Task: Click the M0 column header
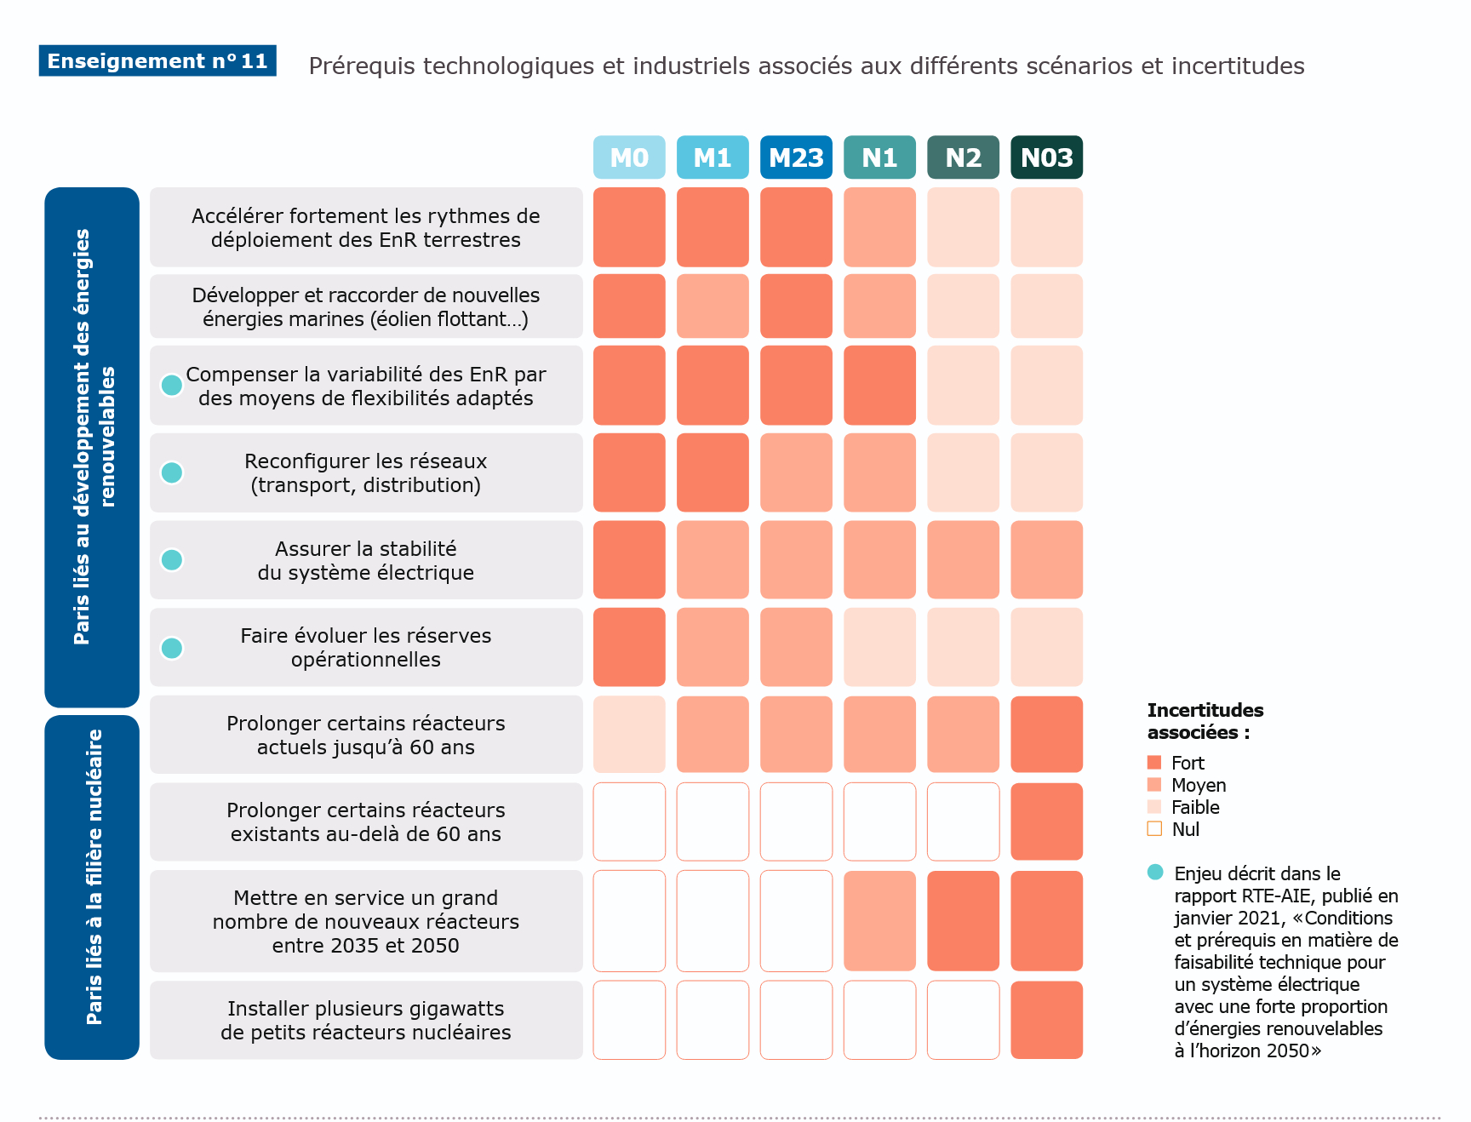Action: (x=629, y=157)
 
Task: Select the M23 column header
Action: (x=796, y=157)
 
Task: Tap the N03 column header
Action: (x=1046, y=157)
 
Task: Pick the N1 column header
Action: (x=879, y=157)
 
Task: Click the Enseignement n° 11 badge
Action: (x=157, y=61)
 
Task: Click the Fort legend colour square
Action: (x=1154, y=762)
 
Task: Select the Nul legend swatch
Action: (x=1154, y=828)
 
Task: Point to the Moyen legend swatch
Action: (x=1154, y=784)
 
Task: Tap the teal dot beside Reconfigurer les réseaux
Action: (x=172, y=472)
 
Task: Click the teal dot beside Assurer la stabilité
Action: (x=172, y=560)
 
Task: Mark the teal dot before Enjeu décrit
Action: (x=1155, y=872)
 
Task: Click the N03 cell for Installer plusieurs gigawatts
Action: (x=1046, y=1020)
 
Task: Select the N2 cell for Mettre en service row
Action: (x=963, y=920)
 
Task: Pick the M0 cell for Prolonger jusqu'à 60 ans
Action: (x=629, y=735)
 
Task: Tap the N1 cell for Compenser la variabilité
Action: (x=879, y=385)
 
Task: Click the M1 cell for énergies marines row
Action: (x=713, y=306)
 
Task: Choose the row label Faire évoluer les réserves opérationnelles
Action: (x=366, y=648)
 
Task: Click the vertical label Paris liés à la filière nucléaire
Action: (x=94, y=877)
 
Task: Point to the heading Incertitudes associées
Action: (x=1205, y=721)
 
